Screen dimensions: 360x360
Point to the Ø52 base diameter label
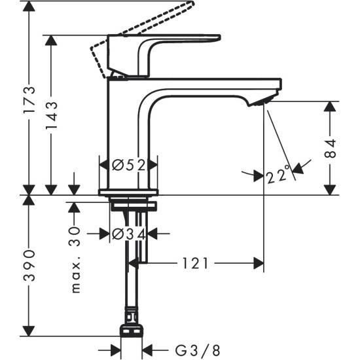pyautogui.click(x=128, y=166)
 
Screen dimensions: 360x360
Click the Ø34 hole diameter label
pyautogui.click(x=128, y=233)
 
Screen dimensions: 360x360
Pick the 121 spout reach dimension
pyautogui.click(x=195, y=263)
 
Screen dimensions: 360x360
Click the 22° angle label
pyautogui.click(x=279, y=175)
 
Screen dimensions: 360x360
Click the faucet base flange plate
pyautogui.click(x=128, y=192)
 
